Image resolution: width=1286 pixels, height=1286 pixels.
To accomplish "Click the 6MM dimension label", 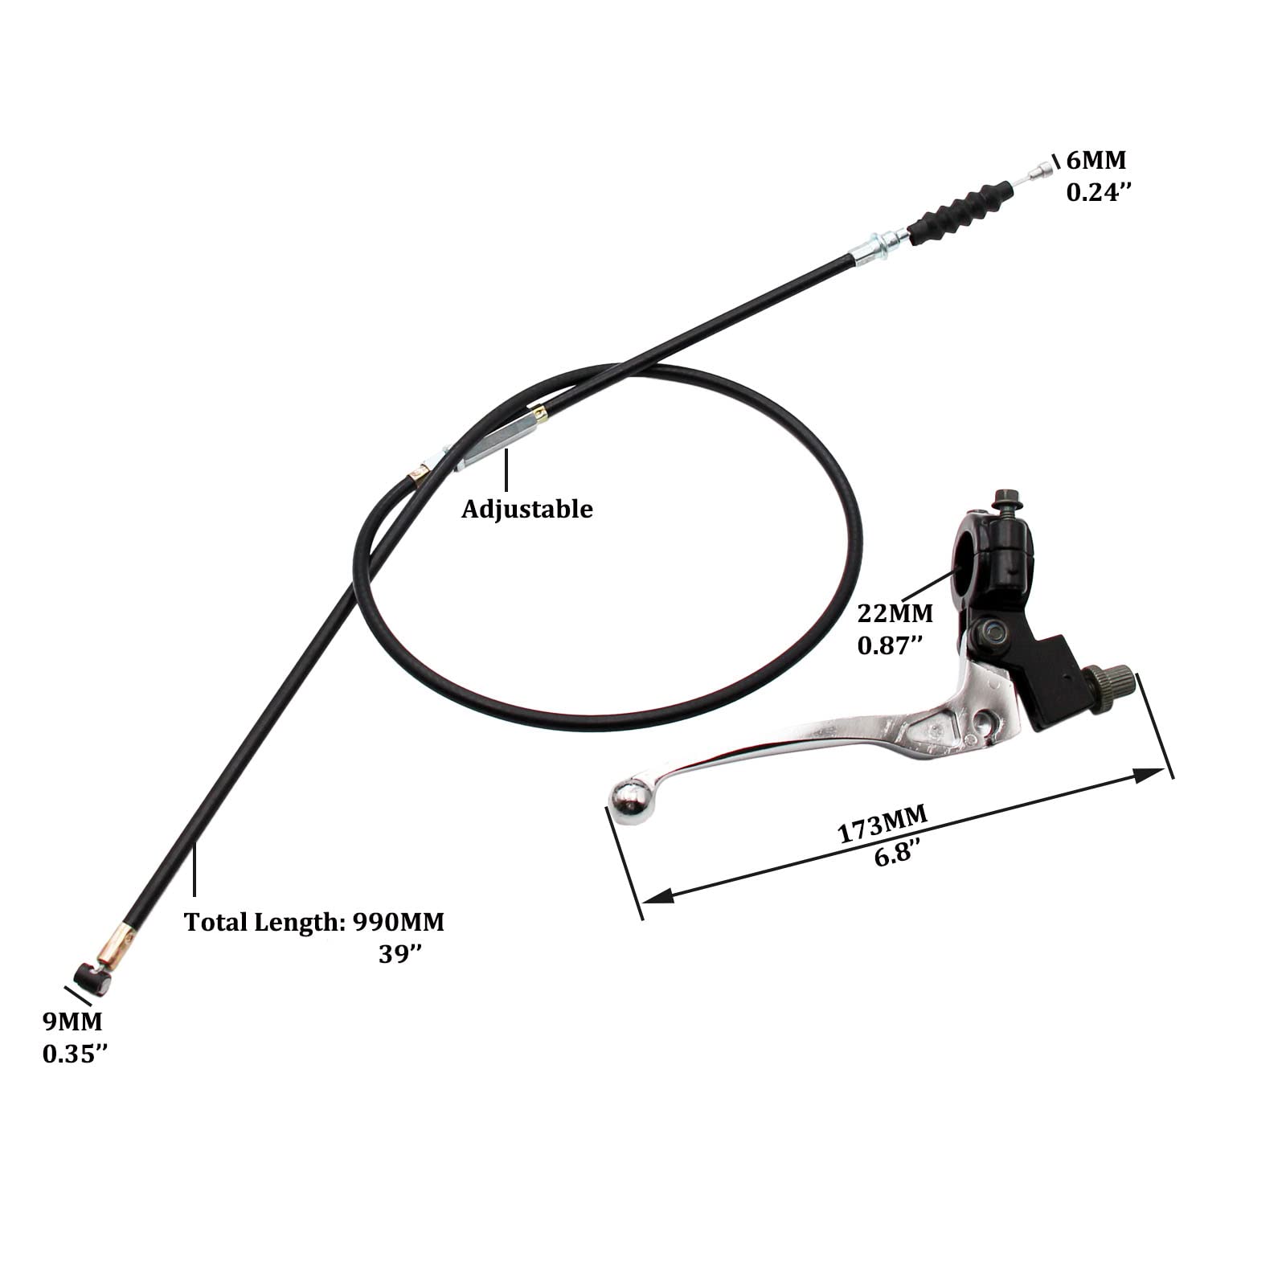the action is pos(1096,160).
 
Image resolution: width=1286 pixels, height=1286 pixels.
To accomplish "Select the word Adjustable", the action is pos(526,509).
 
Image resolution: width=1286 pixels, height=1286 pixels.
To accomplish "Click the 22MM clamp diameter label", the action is pos(895,613).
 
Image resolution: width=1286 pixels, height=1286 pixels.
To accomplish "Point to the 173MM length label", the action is pos(883,824).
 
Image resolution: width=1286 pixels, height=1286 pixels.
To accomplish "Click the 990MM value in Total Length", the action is pos(399,922).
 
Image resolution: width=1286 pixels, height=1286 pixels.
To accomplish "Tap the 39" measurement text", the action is pos(400,954).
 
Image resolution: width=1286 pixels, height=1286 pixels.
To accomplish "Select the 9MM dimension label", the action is pos(72,1022).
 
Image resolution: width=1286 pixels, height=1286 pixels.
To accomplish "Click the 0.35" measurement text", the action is pos(75,1054).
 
